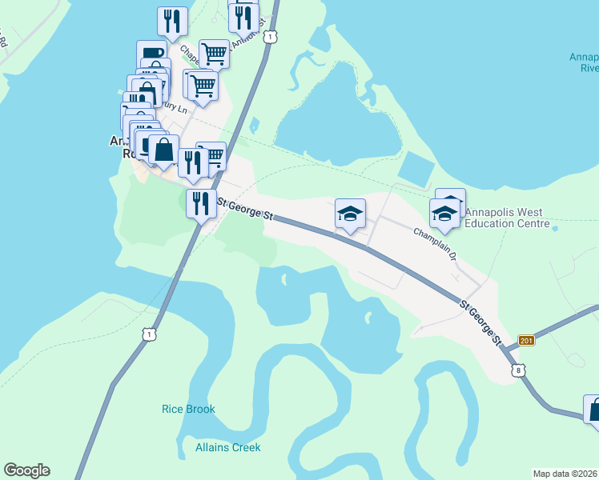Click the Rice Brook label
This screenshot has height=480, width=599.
188,409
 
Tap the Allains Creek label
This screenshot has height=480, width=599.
227,447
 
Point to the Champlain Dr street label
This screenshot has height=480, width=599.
434,244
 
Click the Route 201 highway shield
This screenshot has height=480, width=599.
525,341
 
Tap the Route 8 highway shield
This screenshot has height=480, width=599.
519,370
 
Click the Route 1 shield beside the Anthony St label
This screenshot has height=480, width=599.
272,37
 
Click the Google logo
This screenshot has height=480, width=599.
26,470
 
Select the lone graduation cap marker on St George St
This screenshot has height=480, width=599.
350,214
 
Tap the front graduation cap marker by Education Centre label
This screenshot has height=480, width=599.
444,214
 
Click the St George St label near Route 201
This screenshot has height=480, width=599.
480,322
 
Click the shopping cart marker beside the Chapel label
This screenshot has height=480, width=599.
214,54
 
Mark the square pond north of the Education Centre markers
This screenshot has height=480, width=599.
416,169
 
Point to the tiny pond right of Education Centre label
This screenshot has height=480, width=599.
555,229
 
